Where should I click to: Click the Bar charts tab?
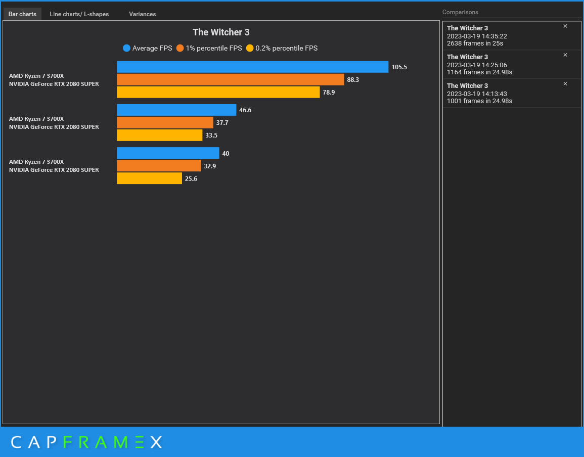coord(22,14)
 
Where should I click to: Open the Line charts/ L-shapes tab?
coord(79,14)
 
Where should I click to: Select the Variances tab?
coord(142,14)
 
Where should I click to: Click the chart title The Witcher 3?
coord(221,32)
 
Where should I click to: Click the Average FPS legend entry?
coord(147,49)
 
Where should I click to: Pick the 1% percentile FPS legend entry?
coord(209,49)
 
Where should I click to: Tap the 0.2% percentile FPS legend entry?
coord(282,49)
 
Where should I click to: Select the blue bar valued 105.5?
coord(252,67)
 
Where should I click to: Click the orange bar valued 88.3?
coord(230,79)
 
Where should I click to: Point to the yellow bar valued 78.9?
coord(218,92)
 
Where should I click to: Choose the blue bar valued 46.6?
coord(176,110)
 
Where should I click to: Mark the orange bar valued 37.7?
coord(165,122)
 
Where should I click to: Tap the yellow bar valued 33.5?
coord(159,135)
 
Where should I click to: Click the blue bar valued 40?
coord(168,153)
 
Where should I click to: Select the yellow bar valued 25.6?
coord(149,178)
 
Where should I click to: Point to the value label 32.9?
coord(210,166)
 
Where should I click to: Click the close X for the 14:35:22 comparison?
coord(565,26)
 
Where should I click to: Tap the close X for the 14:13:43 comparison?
coord(565,84)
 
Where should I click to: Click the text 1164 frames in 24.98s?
coord(479,72)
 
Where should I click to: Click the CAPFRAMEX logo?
coord(86,442)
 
